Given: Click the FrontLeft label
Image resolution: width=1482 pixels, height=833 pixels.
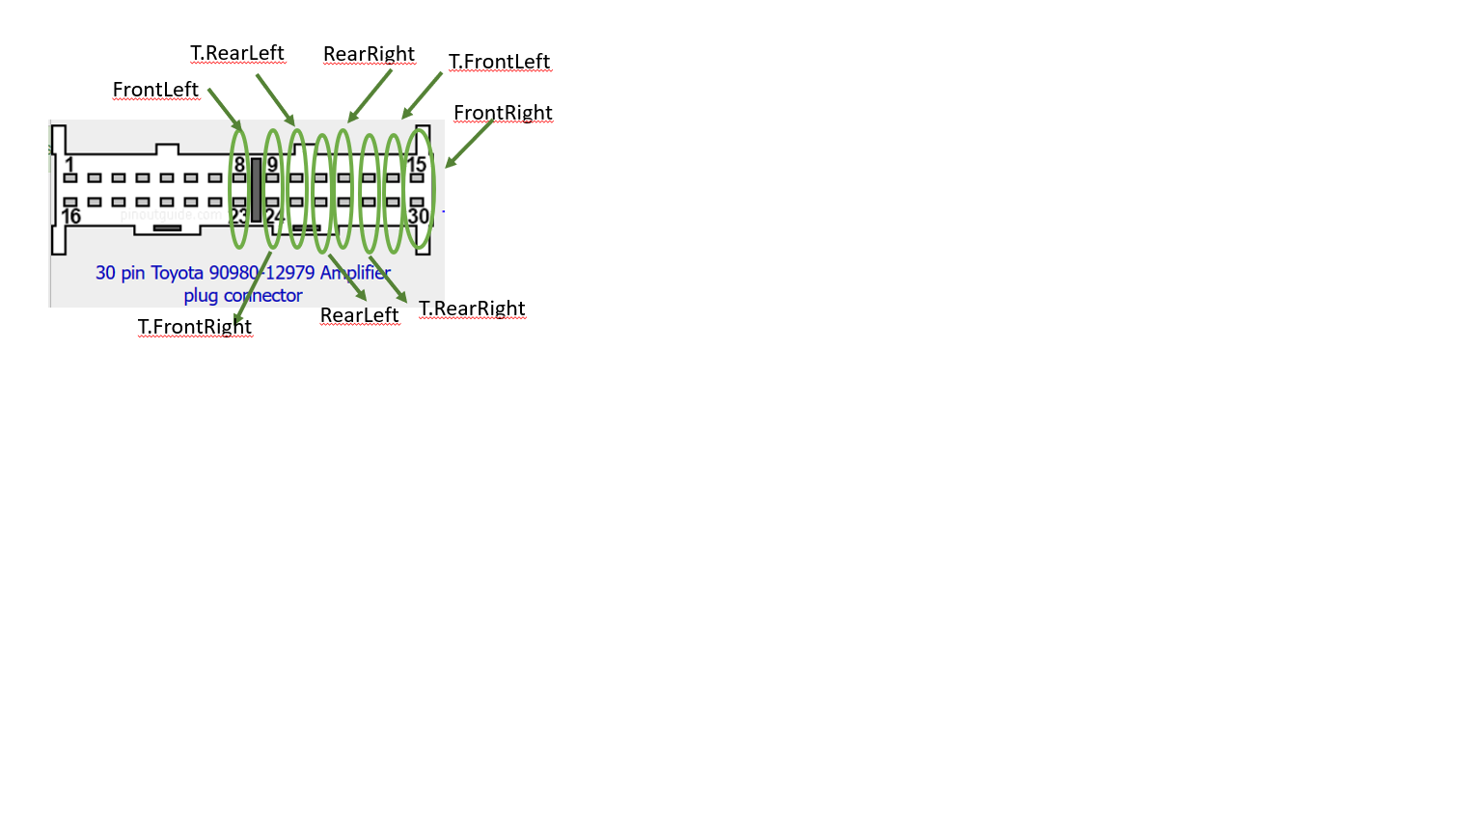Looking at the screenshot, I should [x=155, y=90].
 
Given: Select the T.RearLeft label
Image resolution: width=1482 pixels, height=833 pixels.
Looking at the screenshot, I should [x=237, y=53].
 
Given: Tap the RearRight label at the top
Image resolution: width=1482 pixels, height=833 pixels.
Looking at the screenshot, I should [x=369, y=54].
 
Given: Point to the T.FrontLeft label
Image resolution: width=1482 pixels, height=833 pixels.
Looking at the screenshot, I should [x=499, y=62].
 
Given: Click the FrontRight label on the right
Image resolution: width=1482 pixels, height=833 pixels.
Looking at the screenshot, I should [x=503, y=113].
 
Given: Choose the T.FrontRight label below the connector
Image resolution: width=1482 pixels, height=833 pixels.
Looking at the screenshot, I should [x=195, y=327].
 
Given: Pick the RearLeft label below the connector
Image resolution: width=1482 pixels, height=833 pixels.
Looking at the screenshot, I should [x=359, y=315].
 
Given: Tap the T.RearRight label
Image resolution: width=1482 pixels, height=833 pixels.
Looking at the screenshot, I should [x=472, y=309].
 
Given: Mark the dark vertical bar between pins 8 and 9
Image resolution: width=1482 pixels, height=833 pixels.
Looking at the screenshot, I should [x=256, y=190].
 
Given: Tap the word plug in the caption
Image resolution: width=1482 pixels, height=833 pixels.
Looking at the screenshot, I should [x=201, y=296].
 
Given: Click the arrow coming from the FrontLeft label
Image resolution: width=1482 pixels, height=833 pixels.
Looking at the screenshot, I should [x=225, y=110].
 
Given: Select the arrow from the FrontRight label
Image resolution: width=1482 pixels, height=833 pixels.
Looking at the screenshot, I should [x=469, y=144].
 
